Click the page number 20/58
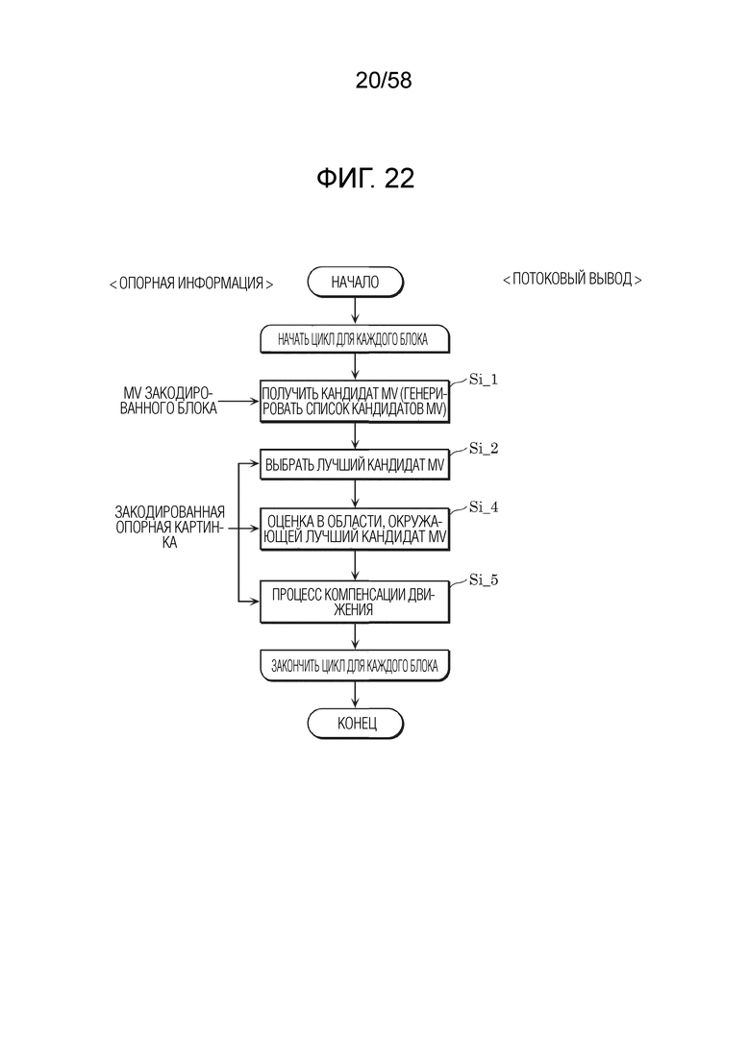384,81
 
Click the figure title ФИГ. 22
365,179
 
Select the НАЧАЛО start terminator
355,282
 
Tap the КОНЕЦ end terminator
355,724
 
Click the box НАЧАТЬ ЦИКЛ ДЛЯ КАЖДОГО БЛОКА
355,339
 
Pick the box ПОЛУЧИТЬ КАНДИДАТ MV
355,403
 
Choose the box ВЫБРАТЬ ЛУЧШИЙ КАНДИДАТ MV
355,465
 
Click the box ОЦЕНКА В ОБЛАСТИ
355,530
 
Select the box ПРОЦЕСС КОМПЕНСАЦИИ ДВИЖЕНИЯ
355,602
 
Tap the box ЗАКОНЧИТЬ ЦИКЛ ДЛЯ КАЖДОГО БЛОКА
355,666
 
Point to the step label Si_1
484,380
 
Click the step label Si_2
484,449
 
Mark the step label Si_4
484,507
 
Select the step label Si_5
484,580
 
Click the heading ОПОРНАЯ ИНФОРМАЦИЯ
191,283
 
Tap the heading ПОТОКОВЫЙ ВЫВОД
572,280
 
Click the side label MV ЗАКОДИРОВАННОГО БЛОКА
168,401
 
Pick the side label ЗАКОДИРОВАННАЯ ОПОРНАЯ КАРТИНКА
169,528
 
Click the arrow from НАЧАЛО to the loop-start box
355,311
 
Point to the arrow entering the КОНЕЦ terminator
355,694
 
